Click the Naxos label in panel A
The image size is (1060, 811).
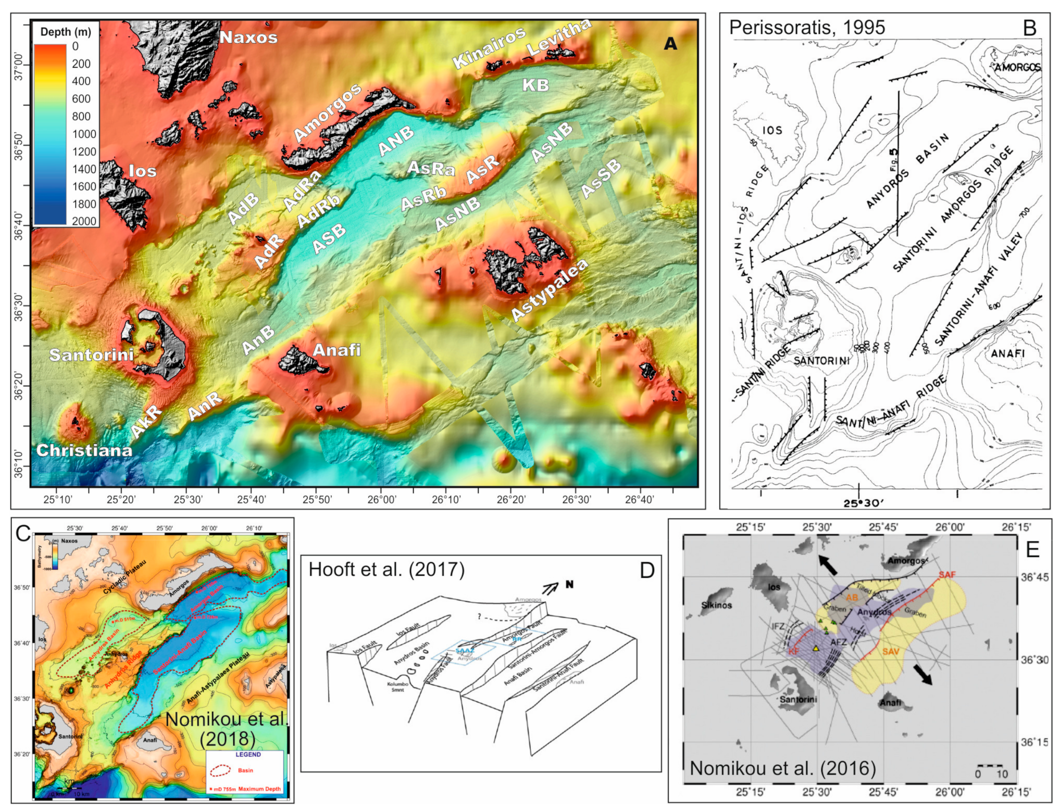click(248, 37)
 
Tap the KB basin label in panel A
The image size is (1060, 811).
click(535, 85)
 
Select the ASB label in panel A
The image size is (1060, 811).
click(329, 238)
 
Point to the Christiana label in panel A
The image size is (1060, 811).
click(84, 450)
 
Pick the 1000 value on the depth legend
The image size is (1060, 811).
click(84, 134)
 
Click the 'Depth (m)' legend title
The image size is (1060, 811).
click(66, 32)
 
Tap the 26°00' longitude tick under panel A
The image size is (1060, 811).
click(381, 500)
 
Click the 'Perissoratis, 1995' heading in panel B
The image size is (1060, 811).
click(806, 28)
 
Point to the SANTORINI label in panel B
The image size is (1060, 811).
click(821, 360)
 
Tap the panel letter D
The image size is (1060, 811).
click(646, 571)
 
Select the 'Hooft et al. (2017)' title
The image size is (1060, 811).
click(386, 569)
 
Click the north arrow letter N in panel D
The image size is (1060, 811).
click(569, 585)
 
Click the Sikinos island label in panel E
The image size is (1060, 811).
click(716, 605)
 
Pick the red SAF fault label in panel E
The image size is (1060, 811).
click(947, 575)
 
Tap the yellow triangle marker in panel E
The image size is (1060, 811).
click(816, 649)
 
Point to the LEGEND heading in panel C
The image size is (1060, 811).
click(248, 754)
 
